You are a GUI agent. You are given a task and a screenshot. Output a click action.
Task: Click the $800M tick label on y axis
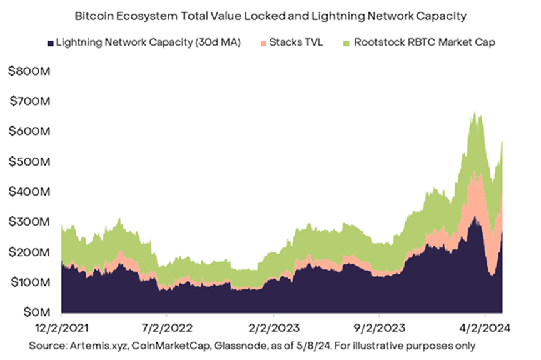29,71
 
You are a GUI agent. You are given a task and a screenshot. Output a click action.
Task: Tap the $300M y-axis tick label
29,221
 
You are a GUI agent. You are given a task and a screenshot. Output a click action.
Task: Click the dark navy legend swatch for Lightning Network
49,43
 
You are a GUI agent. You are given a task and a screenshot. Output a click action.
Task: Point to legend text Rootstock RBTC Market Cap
424,43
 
